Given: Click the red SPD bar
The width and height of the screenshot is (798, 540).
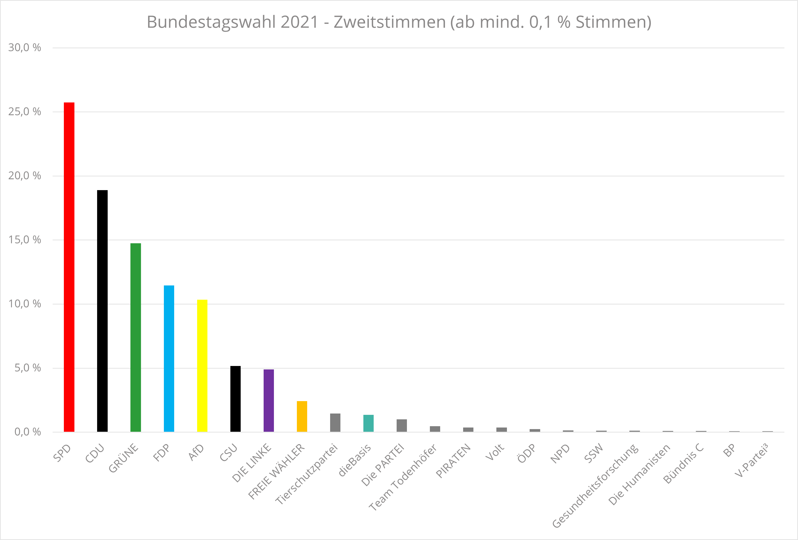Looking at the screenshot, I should [x=69, y=267].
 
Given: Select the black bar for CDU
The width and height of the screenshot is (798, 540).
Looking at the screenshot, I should [x=102, y=311].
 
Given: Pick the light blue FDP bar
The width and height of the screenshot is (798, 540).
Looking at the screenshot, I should [x=169, y=358].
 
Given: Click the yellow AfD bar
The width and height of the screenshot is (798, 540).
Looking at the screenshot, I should [x=202, y=365].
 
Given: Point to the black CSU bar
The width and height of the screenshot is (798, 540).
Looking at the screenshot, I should [x=236, y=398].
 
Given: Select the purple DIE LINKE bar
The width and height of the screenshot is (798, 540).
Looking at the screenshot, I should [x=269, y=400].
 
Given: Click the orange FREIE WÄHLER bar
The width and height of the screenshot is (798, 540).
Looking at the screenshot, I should [x=302, y=416].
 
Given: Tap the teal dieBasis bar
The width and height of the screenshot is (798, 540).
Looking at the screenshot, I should [x=368, y=423].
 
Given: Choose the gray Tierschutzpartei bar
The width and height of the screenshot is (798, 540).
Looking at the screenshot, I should [x=335, y=422].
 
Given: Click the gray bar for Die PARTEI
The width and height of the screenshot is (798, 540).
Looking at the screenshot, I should [x=402, y=425].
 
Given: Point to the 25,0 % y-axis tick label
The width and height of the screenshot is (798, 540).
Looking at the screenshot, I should [x=24, y=112].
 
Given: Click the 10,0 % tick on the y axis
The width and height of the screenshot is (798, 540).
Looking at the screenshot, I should [x=24, y=304].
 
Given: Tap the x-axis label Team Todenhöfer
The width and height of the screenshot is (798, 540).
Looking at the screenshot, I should [x=403, y=477].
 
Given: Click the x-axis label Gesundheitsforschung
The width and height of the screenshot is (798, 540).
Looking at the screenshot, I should [x=596, y=486].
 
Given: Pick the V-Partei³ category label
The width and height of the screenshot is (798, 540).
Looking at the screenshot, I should [x=751, y=460].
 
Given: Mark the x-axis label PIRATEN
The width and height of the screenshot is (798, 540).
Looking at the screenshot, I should [x=453, y=461].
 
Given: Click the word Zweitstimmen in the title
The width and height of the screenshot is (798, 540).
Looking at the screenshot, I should [x=390, y=22].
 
